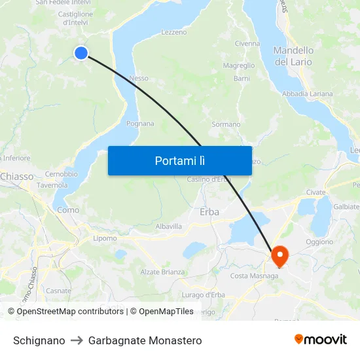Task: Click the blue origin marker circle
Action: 81,53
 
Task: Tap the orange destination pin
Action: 279,255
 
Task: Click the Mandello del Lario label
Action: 293,56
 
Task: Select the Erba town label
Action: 209,212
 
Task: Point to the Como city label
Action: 68,210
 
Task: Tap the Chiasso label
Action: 16,177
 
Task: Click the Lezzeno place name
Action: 173,32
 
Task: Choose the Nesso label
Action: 139,79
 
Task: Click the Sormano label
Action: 226,124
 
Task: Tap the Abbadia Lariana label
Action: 307,94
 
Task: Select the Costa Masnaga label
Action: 254,276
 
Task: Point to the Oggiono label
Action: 319,242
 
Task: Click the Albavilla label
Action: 169,226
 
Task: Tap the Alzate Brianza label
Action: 162,272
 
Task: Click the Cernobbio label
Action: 61,174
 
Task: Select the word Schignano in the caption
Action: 39,340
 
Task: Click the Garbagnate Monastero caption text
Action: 145,340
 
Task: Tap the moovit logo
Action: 321,339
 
